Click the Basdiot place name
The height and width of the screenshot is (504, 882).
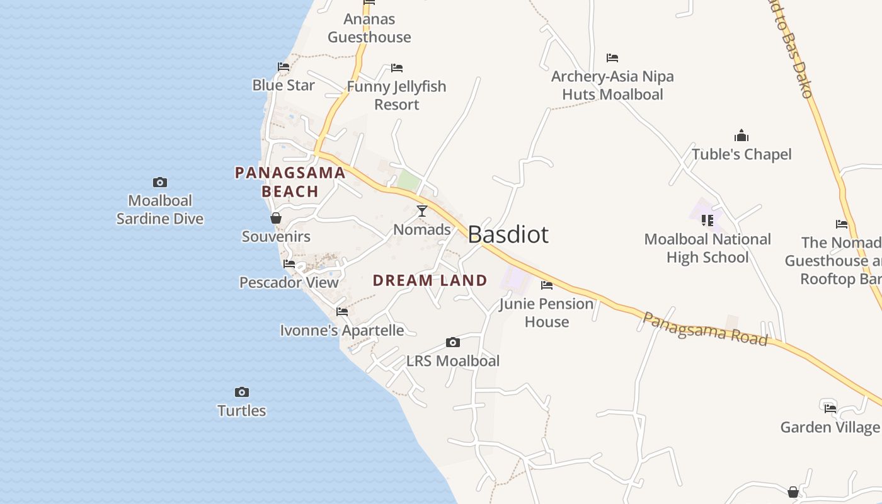[x=508, y=234]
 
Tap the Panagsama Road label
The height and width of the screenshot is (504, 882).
[x=705, y=329]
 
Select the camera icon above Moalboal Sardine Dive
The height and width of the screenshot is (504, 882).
[x=160, y=183]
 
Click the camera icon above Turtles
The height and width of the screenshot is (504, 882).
[x=242, y=392]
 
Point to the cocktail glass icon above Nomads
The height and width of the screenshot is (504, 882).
[x=422, y=211]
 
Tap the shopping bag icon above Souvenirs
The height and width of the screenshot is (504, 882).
[x=276, y=219]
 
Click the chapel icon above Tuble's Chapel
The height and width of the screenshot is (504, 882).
[x=742, y=135]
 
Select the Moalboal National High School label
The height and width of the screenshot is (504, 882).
[x=707, y=248]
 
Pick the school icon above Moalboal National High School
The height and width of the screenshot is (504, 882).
[x=707, y=220]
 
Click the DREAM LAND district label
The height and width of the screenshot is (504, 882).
[x=430, y=280]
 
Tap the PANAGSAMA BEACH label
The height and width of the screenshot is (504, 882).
[x=290, y=182]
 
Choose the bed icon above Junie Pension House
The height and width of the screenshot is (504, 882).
[x=547, y=285]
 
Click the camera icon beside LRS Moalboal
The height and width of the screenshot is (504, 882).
[x=452, y=343]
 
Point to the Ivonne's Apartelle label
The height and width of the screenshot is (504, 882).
[x=342, y=330]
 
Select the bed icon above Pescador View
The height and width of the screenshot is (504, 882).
[x=289, y=264]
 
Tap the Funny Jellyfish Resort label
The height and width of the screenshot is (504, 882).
[x=396, y=95]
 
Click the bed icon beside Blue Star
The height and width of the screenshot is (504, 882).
[x=283, y=67]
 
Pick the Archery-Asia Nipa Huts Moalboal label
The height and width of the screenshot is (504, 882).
[x=612, y=85]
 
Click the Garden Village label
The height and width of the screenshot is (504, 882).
[x=830, y=427]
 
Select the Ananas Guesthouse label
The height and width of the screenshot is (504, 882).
[x=369, y=28]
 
